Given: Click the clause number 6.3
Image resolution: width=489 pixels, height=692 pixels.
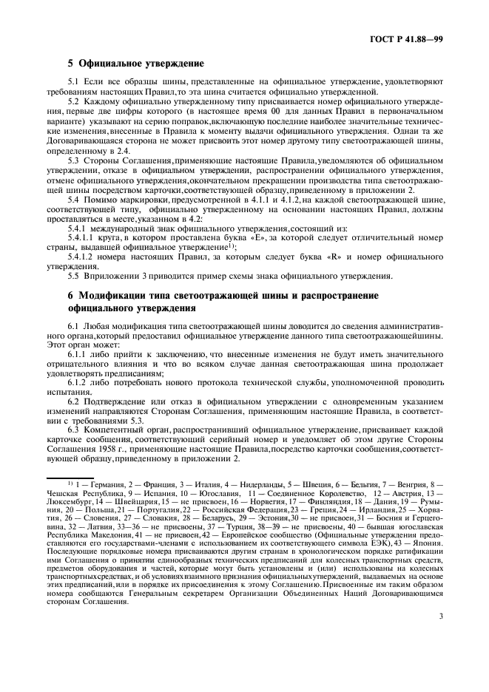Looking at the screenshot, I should [x=74, y=428].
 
